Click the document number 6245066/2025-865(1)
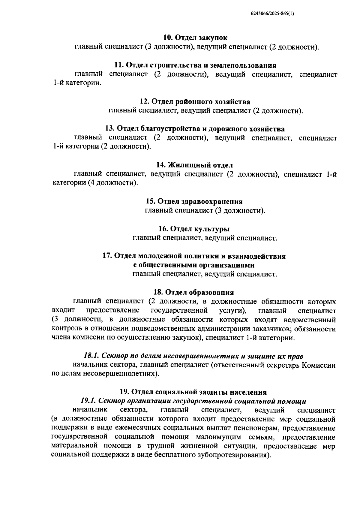(272, 14)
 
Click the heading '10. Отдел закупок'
(195, 38)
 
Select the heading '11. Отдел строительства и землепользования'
(195, 65)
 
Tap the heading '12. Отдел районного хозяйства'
(195, 101)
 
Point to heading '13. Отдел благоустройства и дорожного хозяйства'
(195, 129)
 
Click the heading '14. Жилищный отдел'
(195, 165)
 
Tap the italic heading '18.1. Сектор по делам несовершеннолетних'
(193, 356)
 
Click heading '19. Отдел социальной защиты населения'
(193, 392)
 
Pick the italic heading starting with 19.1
(193, 401)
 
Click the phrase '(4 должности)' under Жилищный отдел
(113, 183)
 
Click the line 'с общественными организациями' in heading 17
(193, 265)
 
